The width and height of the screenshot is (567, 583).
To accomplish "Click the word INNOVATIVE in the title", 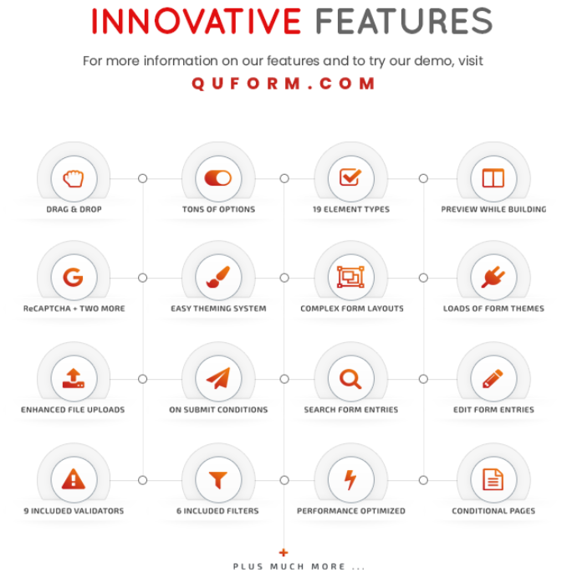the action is (x=196, y=22).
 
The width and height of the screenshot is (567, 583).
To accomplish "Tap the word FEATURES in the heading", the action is (x=404, y=22).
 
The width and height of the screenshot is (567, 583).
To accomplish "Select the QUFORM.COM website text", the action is (x=283, y=84).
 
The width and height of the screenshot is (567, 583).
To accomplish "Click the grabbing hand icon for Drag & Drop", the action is (x=74, y=178).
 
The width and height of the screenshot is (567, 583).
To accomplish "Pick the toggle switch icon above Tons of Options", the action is (x=218, y=178).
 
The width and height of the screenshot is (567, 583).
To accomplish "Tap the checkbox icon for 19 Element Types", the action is (x=350, y=177).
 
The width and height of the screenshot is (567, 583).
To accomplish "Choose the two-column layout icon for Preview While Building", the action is (x=493, y=178).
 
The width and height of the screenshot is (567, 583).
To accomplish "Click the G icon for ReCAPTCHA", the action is (x=74, y=278).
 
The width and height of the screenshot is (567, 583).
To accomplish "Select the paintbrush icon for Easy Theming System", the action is (x=218, y=277).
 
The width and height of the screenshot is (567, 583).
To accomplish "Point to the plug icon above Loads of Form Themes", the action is (x=493, y=278).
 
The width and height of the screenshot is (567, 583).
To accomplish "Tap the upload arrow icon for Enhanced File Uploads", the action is (x=74, y=378).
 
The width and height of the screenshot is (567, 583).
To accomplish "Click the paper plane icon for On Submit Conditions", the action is (x=218, y=378).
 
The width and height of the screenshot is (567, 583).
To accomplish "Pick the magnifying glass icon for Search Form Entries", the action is (x=350, y=379).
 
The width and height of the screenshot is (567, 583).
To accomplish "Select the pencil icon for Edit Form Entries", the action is (x=493, y=379).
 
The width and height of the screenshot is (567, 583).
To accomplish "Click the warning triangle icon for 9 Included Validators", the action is (x=74, y=478).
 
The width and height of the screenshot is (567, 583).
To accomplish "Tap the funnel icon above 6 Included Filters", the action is (x=218, y=480).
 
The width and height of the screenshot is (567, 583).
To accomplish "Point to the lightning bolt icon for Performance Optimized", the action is (x=350, y=479).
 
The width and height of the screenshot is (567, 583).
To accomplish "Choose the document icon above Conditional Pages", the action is (x=493, y=479).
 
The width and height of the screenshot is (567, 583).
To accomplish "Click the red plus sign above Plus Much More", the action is (x=283, y=553).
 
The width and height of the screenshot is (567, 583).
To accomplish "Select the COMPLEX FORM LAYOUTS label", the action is (x=352, y=309).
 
